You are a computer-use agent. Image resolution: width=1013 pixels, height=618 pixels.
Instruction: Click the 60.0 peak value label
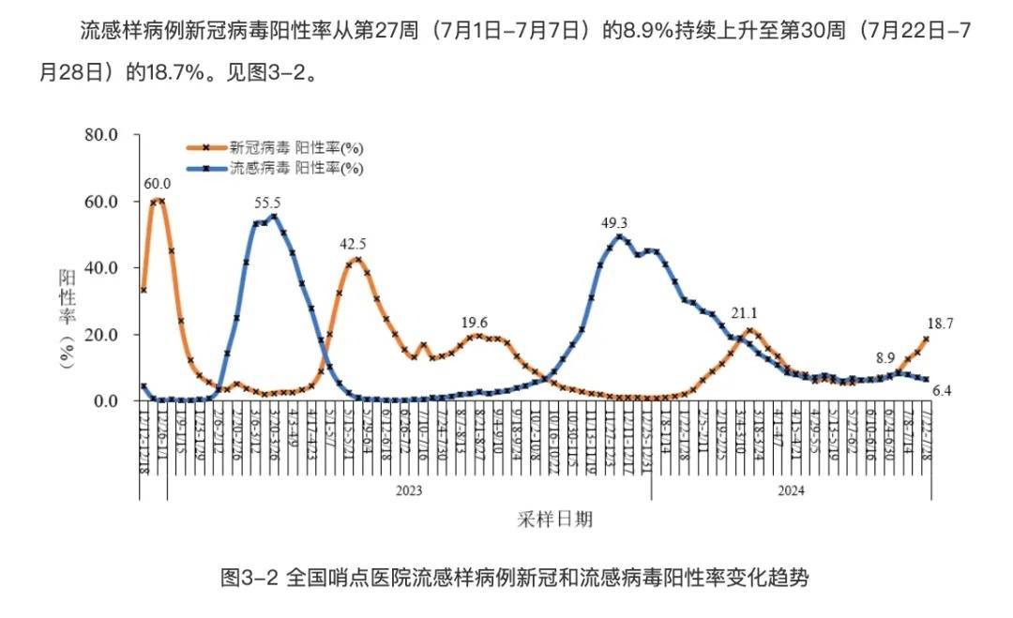pyautogui.click(x=157, y=183)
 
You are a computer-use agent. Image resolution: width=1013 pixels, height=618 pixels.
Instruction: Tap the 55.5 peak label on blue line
pyautogui.click(x=267, y=202)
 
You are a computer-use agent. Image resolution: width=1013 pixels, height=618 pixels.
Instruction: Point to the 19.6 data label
pyautogui.click(x=475, y=323)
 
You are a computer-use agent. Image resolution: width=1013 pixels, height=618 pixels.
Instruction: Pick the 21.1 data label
pyautogui.click(x=744, y=314)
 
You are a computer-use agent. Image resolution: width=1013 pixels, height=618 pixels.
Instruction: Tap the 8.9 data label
pyautogui.click(x=885, y=357)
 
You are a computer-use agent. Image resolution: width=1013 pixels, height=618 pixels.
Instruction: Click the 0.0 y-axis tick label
pyautogui.click(x=105, y=401)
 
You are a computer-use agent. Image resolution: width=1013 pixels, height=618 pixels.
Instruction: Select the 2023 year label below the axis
pyautogui.click(x=408, y=490)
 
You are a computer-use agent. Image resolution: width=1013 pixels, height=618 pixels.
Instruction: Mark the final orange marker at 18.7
pyautogui.click(x=926, y=339)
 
